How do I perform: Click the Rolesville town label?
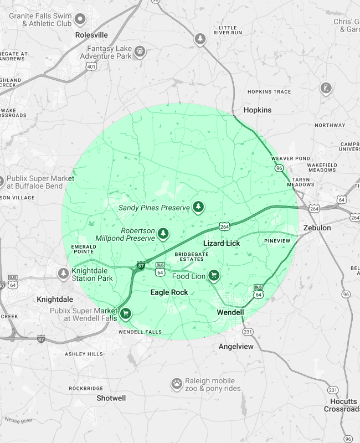coord(91,35)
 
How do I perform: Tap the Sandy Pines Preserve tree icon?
coord(198,207)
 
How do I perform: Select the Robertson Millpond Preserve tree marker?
coord(163,234)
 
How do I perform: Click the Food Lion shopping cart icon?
coord(213,276)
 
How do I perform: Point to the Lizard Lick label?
coord(222,244)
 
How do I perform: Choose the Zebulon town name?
coord(317,228)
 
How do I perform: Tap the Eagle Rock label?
coord(169,292)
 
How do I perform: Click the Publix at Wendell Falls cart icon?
coord(126,314)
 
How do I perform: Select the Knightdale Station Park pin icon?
coord(64,274)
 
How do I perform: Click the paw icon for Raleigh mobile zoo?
coord(176,383)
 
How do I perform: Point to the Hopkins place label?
coord(258,110)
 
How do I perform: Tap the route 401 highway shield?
coord(91,66)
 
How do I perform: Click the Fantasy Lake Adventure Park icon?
coord(140,51)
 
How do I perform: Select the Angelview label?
coord(236,346)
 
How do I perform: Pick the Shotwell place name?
coord(111,398)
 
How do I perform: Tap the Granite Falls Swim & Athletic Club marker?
coord(80,20)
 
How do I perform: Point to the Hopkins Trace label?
coord(269,91)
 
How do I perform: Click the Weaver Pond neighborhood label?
coord(291,158)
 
